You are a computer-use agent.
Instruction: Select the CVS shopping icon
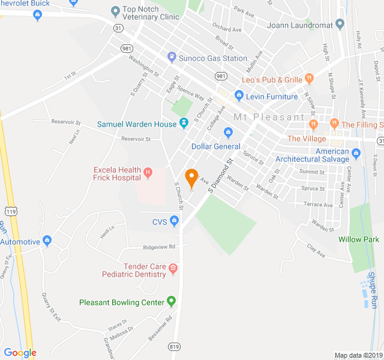[175, 222]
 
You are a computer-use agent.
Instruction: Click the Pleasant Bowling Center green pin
[172, 301]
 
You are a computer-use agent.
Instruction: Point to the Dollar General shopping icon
[228, 133]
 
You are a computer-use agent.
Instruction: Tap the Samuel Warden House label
[137, 124]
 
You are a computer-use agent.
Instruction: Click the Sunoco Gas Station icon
[172, 58]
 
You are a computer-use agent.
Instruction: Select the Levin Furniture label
[272, 97]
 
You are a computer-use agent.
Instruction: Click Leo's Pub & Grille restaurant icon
[309, 78]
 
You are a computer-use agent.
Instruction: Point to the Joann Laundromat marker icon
[340, 25]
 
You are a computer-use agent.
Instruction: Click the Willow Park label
[358, 239]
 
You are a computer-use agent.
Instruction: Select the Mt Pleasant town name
[269, 117]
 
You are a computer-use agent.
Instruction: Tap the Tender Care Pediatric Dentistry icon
[173, 268]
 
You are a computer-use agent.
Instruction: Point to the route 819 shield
[175, 346]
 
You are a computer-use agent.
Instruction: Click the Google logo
[20, 353]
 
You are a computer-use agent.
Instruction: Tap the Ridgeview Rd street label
[159, 247]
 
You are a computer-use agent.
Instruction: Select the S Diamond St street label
[220, 176]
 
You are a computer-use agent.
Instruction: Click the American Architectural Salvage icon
[356, 154]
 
